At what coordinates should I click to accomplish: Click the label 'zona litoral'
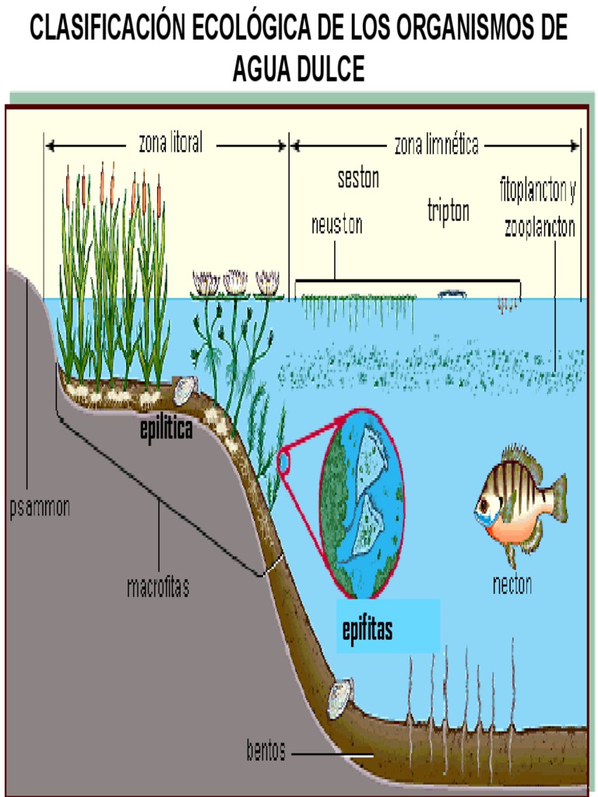(x=171, y=143)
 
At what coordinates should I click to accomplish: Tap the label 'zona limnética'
(x=436, y=145)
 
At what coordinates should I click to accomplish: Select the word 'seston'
(x=358, y=178)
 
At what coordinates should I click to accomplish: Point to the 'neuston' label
(x=336, y=225)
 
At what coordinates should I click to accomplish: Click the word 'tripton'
(x=448, y=212)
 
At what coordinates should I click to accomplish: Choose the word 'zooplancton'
(x=540, y=228)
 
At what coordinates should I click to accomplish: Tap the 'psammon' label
(x=40, y=508)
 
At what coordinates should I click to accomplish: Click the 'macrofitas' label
(x=158, y=586)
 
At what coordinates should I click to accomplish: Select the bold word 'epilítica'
(x=166, y=429)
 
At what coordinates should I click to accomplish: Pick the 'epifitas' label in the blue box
(x=368, y=630)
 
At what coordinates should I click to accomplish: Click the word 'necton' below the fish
(x=512, y=585)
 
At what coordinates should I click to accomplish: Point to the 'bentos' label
(x=266, y=752)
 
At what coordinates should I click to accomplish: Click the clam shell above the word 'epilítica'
(x=185, y=391)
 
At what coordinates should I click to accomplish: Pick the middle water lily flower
(x=235, y=282)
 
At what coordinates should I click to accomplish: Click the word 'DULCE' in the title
(x=330, y=70)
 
